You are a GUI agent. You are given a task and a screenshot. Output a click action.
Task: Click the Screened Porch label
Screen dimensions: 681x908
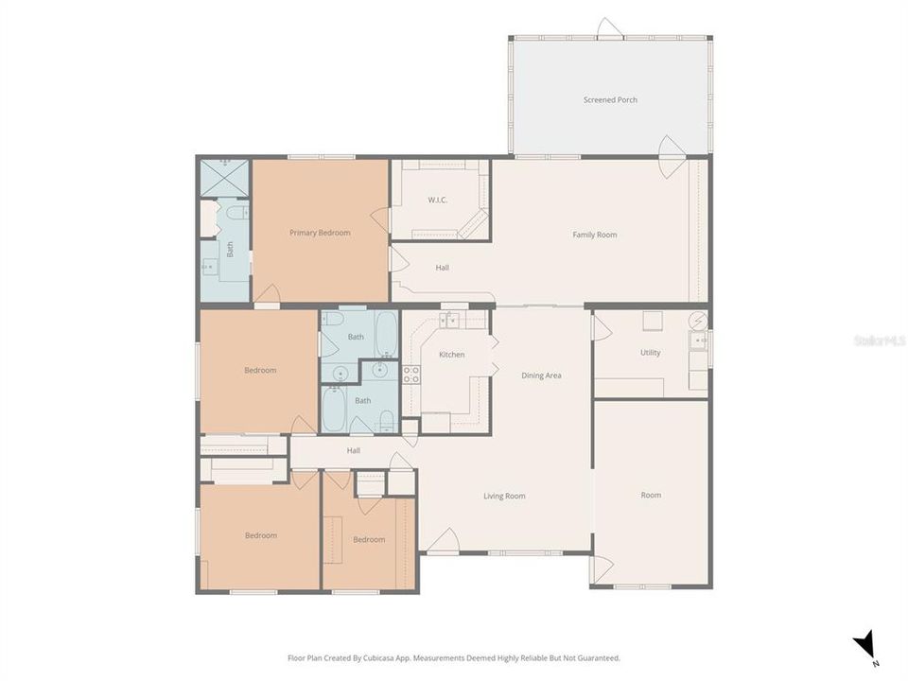pyautogui.click(x=610, y=99)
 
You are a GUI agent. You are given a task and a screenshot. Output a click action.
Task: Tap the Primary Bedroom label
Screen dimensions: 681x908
pyautogui.click(x=320, y=233)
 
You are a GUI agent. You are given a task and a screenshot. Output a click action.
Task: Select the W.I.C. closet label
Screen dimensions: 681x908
pyautogui.click(x=436, y=200)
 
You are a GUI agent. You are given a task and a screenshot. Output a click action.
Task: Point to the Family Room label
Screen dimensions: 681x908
pyautogui.click(x=594, y=235)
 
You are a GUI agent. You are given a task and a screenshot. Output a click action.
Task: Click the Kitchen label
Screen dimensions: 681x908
pyautogui.click(x=451, y=355)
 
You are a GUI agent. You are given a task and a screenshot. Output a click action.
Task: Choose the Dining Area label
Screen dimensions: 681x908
pyautogui.click(x=541, y=375)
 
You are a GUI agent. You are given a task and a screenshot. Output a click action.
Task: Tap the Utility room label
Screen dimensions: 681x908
pyautogui.click(x=650, y=353)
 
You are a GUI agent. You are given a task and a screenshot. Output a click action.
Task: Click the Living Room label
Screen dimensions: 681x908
pyautogui.click(x=504, y=496)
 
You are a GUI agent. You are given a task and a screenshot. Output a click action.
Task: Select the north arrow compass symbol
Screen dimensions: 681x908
pyautogui.click(x=865, y=647)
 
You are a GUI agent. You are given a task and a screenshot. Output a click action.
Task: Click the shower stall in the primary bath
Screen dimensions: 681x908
pyautogui.click(x=225, y=177)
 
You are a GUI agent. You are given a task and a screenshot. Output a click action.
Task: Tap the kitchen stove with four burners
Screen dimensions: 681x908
pyautogui.click(x=410, y=374)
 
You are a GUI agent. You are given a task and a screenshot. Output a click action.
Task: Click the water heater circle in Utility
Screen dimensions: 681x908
pyautogui.click(x=698, y=320)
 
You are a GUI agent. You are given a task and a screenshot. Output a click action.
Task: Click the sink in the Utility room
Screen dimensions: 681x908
pyautogui.click(x=699, y=341)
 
